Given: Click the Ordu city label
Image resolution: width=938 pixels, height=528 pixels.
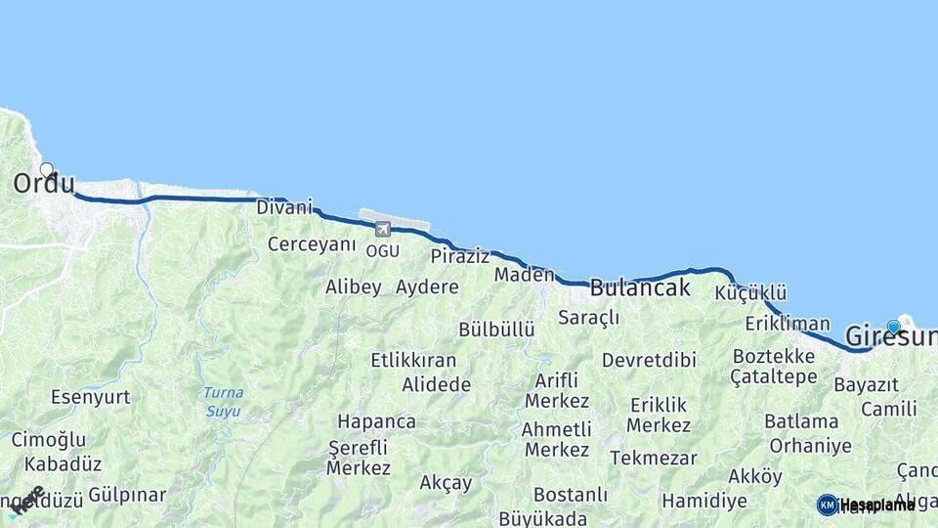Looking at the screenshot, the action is click(44, 184).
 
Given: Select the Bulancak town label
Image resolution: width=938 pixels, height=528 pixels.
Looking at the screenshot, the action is click(640, 287).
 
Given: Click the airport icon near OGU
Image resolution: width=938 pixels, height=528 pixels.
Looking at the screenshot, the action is click(382, 229).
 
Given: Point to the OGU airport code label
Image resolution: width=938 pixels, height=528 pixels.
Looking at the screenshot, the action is click(382, 251).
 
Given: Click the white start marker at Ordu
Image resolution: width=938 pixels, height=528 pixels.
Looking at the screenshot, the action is click(46, 169).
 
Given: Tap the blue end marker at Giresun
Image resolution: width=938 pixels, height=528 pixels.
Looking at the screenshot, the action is click(893, 327).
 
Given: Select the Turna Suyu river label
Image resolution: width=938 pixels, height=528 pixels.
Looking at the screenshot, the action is click(223, 401).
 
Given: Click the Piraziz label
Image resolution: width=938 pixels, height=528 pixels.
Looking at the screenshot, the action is click(460, 256).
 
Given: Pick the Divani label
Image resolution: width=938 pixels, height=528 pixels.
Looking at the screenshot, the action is click(284, 207).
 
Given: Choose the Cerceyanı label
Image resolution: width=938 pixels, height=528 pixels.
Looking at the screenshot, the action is click(312, 243).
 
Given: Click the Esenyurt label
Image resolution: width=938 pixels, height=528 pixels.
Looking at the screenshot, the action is click(90, 397).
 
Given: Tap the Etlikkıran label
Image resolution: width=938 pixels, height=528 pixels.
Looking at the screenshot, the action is click(413, 360).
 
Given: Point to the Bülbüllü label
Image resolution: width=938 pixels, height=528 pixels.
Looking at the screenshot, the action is click(496, 330).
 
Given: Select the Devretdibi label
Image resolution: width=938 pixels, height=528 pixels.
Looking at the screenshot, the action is click(649, 360).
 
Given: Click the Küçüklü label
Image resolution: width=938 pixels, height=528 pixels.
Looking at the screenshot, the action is click(750, 293).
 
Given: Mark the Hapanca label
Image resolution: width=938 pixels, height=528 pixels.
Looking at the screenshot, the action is click(376, 421).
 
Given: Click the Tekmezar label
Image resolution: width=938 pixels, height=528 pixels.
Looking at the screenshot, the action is click(654, 458).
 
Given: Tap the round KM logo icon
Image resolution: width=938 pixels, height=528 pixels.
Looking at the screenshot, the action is click(828, 505).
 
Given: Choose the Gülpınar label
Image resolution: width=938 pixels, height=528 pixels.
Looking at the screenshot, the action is click(127, 495).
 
